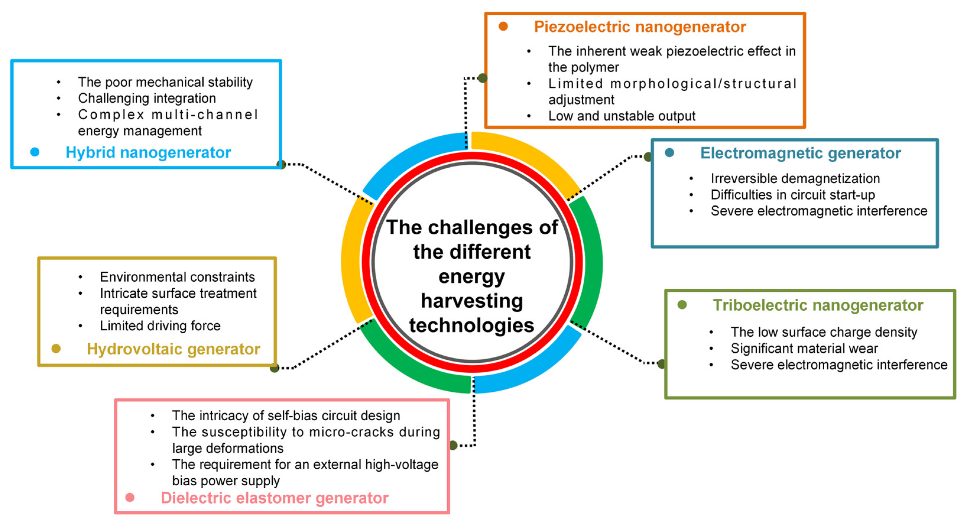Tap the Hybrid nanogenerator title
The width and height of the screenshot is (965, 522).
click(x=148, y=153)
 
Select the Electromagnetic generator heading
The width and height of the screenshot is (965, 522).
click(x=800, y=153)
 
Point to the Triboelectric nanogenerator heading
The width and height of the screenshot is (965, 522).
click(x=818, y=305)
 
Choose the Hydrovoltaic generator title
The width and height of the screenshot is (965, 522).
click(x=173, y=349)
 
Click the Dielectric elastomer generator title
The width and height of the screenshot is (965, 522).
click(x=274, y=498)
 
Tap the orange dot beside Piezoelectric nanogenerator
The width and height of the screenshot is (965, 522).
click(x=503, y=26)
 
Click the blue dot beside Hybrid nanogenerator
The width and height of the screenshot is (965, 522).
click(x=35, y=152)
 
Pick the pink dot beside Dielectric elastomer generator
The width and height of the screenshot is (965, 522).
click(x=130, y=497)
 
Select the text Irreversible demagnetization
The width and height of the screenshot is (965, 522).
click(x=795, y=179)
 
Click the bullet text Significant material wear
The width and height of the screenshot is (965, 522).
click(x=804, y=348)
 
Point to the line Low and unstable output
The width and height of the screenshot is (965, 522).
click(x=621, y=116)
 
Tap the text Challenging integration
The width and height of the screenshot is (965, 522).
click(x=147, y=98)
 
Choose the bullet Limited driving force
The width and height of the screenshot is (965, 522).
click(x=160, y=326)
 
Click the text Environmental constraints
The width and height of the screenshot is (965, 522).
click(x=177, y=277)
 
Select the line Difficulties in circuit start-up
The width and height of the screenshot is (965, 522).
click(x=793, y=195)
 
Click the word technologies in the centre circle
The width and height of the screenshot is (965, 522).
click(x=472, y=325)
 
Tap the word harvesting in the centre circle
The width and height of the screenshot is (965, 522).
click(x=472, y=301)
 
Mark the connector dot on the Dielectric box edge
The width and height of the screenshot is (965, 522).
click(x=453, y=445)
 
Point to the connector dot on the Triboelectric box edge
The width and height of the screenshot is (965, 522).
click(x=662, y=364)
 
